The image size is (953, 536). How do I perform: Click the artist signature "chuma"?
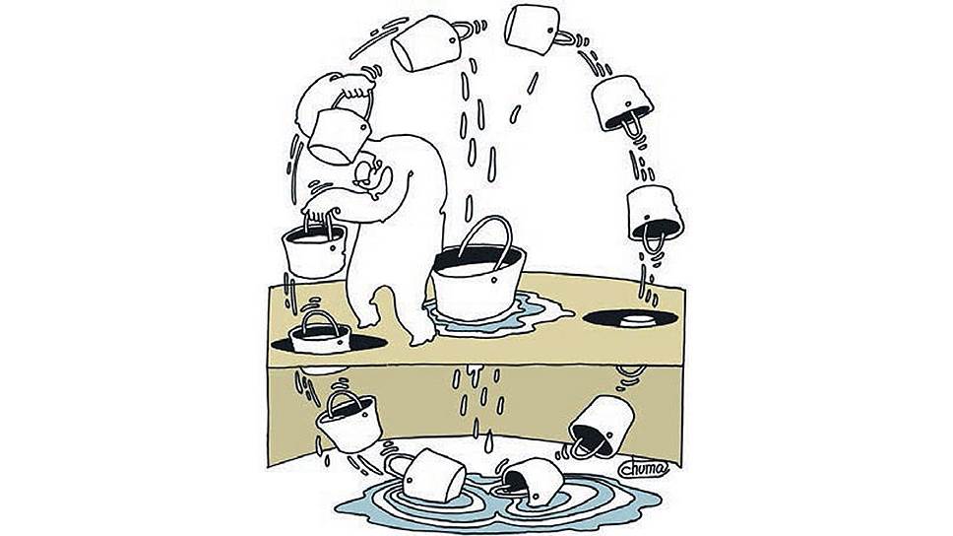(644, 468)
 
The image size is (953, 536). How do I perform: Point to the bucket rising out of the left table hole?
(320, 336)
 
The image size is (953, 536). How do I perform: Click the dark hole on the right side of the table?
(630, 318)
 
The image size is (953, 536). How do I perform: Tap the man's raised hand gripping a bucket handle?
(352, 84)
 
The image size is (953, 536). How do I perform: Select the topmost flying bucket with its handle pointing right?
(533, 30)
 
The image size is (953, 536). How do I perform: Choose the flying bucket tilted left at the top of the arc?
(425, 43)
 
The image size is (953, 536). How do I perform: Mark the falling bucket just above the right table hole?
(655, 214)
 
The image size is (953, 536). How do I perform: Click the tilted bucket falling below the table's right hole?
(602, 426)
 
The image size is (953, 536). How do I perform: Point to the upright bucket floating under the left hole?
(349, 421)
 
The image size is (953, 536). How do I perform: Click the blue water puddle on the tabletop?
(498, 313)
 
